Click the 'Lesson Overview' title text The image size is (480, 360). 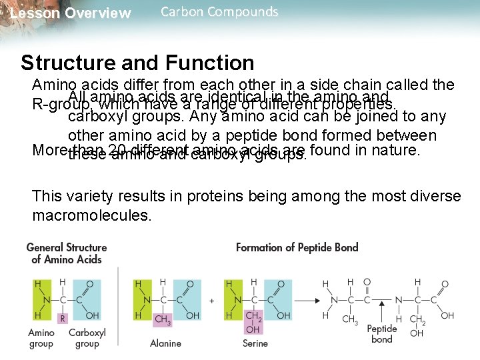pos(71,13)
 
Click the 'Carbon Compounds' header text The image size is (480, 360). pos(219,12)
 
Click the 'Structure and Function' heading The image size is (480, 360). pos(137,63)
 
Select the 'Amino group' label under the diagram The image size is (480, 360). pos(41,338)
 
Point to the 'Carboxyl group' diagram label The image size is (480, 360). pos(87,338)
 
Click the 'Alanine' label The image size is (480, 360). pos(165,343)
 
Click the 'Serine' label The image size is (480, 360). pos(255,343)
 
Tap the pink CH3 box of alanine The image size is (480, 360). pos(162,319)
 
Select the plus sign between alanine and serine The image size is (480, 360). pos(212,301)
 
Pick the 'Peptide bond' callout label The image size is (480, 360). pos(381,333)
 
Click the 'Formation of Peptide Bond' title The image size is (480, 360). pos(297,247)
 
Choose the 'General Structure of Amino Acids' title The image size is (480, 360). pos(66,253)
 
